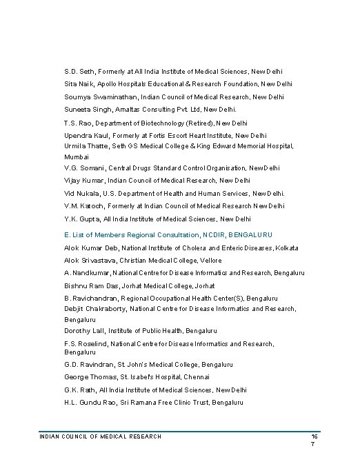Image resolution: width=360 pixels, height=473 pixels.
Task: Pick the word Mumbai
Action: pos(77,157)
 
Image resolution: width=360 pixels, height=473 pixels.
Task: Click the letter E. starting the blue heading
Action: pos(67,235)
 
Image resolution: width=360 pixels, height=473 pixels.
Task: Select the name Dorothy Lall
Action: pos(83,331)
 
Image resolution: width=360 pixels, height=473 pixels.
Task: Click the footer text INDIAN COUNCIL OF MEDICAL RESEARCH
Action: pos(101,436)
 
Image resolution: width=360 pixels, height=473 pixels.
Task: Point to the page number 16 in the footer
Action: pos(314,437)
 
